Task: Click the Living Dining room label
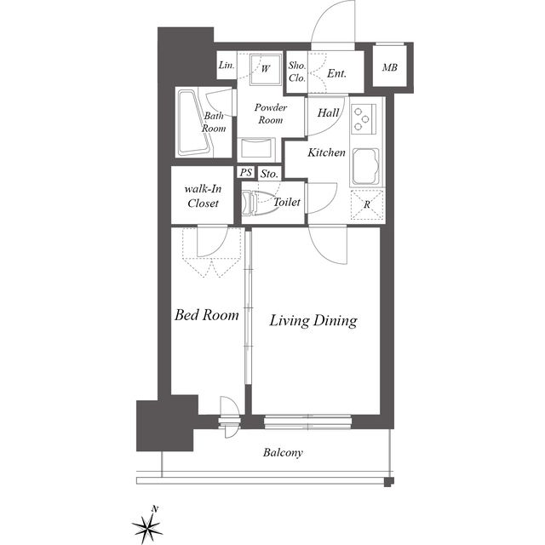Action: coord(313,320)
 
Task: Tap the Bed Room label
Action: coord(207,314)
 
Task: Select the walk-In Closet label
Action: coord(203,196)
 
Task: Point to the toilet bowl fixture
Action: coord(257,202)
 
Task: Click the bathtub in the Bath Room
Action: coord(195,123)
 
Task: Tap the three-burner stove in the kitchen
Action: coord(364,119)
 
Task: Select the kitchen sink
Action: coord(365,167)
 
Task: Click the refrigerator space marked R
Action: coord(367,205)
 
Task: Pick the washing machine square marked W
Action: coord(266,69)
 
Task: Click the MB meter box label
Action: coord(390,67)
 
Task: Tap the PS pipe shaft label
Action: coord(246,172)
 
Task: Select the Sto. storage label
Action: coord(269,174)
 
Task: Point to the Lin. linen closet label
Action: coord(227,65)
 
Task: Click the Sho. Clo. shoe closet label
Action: coord(297,72)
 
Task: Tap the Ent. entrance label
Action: coord(337,73)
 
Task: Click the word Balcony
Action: coord(283,452)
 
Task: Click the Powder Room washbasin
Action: coord(255,149)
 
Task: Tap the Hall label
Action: coord(328,112)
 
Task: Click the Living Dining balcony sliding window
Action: coord(307,422)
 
